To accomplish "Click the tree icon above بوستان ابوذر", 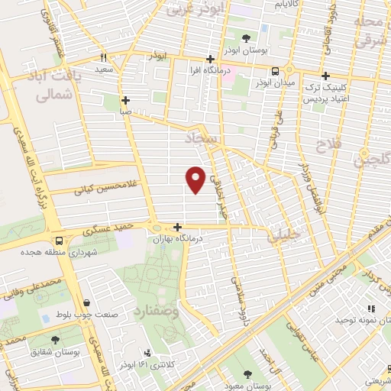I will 246,37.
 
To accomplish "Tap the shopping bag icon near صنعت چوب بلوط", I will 89,302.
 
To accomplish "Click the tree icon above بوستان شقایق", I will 54,340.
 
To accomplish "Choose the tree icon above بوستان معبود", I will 248,374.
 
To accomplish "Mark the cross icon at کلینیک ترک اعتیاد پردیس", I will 326,76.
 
